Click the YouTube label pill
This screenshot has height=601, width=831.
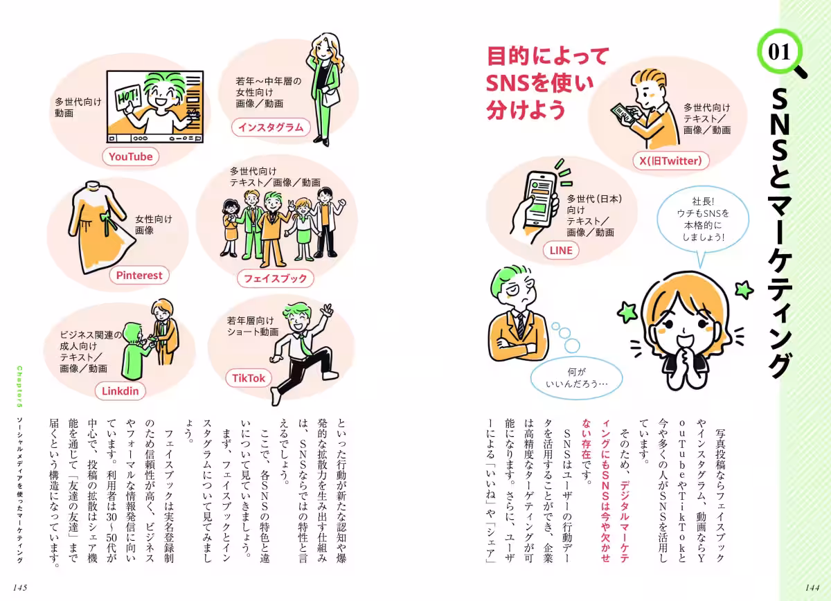[131, 156]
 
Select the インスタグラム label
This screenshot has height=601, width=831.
[271, 127]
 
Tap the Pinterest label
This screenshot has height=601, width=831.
[139, 275]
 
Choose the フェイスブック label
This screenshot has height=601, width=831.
[275, 278]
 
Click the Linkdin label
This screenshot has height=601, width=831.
[120, 391]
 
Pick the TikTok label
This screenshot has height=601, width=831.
[249, 378]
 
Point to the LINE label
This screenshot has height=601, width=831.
[562, 251]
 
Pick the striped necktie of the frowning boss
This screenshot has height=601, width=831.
[519, 325]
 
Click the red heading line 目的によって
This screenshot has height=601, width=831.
[547, 56]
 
